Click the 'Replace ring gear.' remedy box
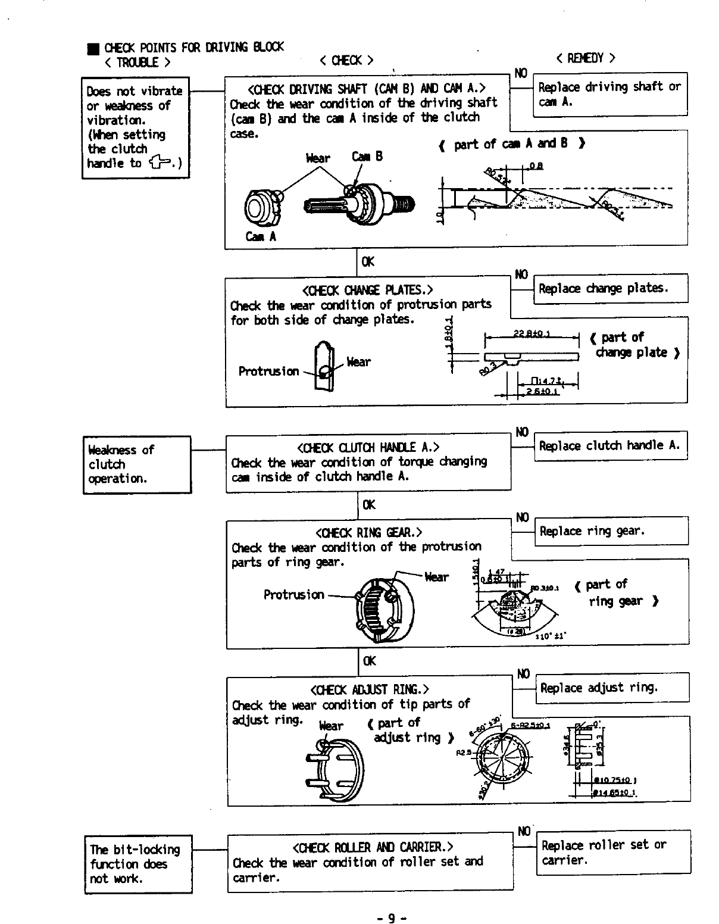pos(611,530)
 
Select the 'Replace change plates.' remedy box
pos(610,289)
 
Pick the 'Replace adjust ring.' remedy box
pos(612,688)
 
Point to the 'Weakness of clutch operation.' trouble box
pos(136,464)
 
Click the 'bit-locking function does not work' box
pos(138,864)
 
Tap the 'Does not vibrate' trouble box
pos(135,127)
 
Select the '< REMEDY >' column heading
pos(585,58)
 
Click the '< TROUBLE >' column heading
pos(137,63)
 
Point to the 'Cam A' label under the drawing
pos(261,236)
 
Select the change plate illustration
pos(323,366)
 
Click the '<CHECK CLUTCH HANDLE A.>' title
pos(368,447)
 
